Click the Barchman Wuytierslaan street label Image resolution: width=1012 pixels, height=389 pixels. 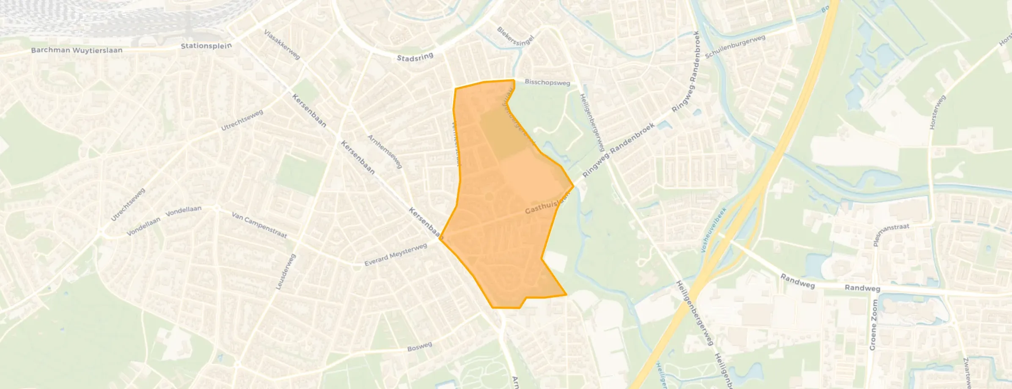click(x=77, y=50)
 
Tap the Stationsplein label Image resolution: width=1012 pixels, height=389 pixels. click(x=206, y=46)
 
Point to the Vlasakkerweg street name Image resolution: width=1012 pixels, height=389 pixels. click(x=282, y=44)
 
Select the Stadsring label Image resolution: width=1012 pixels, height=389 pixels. click(x=415, y=57)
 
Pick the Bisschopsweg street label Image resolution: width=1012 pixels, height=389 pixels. click(x=547, y=82)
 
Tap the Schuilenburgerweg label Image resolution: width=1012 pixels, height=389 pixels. click(x=735, y=47)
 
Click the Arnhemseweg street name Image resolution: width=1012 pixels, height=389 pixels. click(x=385, y=152)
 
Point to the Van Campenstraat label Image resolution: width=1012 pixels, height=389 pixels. click(x=259, y=225)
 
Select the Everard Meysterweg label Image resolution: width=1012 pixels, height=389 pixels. click(x=396, y=255)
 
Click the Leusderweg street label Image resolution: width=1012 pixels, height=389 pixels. click(x=286, y=271)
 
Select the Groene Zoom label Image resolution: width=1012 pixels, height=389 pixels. click(x=873, y=325)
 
